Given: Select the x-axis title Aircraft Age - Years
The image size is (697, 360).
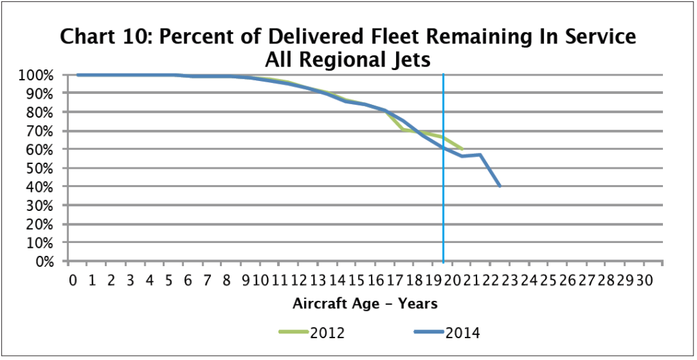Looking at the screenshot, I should pyautogui.click(x=365, y=302).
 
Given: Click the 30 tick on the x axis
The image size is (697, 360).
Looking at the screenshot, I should pyautogui.click(x=645, y=280).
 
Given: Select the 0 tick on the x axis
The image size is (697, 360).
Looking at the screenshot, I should pyautogui.click(x=73, y=280).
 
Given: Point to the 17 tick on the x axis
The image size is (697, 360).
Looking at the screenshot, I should pyautogui.click(x=395, y=280).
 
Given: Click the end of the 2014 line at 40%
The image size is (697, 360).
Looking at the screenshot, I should pyautogui.click(x=500, y=186).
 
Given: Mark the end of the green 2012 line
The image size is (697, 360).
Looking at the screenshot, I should pyautogui.click(x=462, y=148).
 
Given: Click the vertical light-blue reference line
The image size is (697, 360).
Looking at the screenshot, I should pyautogui.click(x=444, y=204).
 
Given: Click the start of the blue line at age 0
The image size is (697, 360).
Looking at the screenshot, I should pyautogui.click(x=78, y=75).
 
